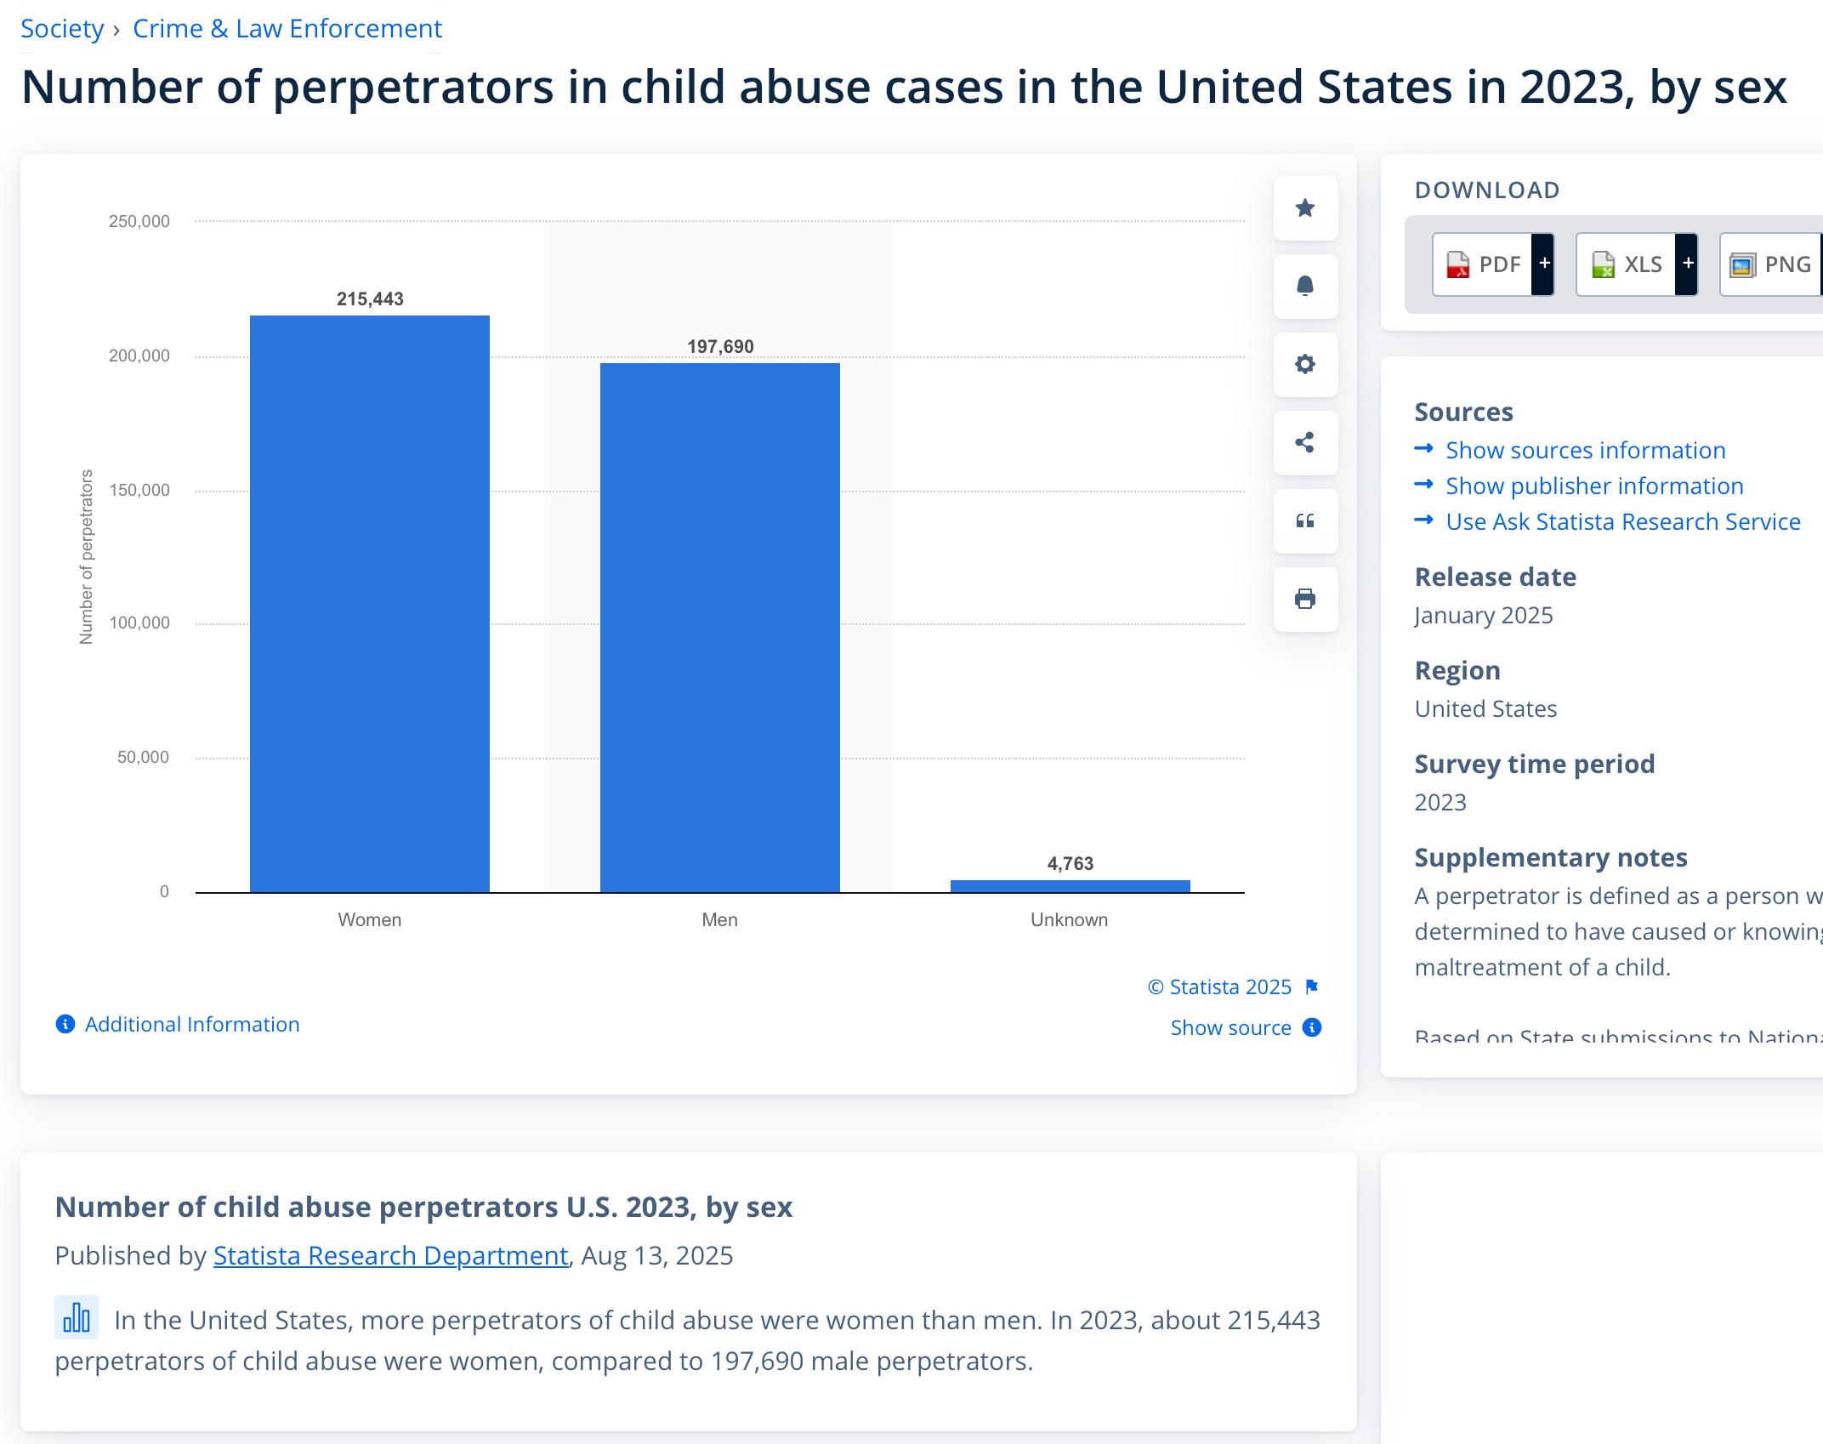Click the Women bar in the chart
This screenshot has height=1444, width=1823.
click(369, 604)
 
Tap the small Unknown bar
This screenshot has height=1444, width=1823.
click(1070, 886)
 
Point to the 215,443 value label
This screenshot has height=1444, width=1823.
click(370, 299)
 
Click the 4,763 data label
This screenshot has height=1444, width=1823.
click(1070, 864)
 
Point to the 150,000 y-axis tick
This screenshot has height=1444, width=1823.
click(139, 490)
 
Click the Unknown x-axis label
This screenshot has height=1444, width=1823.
click(1069, 920)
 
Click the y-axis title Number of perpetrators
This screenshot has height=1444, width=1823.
click(86, 557)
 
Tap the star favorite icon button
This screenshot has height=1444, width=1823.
click(1305, 208)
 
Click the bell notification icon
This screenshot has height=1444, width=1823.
click(1305, 287)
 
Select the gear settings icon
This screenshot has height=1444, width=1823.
click(1305, 365)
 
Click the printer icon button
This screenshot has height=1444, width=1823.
click(1305, 600)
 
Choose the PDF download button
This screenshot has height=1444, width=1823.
click(1483, 264)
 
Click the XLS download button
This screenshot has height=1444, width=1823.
click(1627, 264)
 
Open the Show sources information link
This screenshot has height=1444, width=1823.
click(1585, 451)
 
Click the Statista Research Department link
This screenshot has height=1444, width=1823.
click(390, 1256)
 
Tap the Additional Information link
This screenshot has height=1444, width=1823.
click(191, 1025)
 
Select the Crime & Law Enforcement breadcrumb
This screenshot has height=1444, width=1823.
click(287, 29)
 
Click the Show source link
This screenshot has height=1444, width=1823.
click(1230, 1028)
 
